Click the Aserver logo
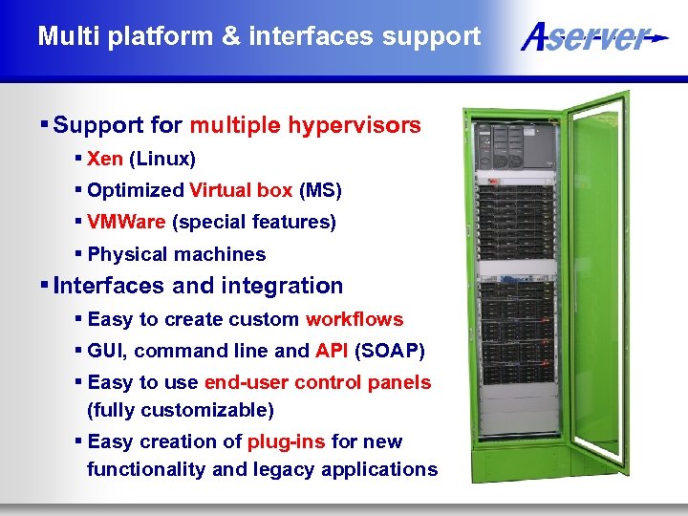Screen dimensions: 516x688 592,38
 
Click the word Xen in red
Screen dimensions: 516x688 105,159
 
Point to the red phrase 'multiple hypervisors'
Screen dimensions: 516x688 305,126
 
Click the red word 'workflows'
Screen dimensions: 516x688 355,319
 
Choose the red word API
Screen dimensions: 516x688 332,351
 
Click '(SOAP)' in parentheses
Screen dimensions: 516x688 390,351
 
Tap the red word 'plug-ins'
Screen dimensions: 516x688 287,441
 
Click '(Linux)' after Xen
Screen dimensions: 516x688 162,159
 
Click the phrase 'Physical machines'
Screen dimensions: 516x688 177,254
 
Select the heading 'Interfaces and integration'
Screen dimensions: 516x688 199,286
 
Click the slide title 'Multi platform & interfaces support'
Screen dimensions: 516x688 259,37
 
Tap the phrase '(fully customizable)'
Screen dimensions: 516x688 180,410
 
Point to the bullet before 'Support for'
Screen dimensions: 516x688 45,125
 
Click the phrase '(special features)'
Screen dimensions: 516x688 254,223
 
